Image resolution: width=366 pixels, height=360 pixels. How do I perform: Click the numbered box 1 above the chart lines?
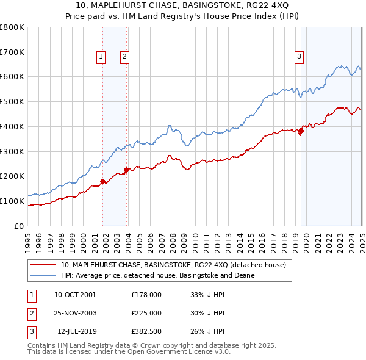pyautogui.click(x=100, y=57)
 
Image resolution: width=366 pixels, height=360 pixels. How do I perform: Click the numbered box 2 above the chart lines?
pyautogui.click(x=124, y=57)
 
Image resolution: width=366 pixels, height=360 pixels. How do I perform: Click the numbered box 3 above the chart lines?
pyautogui.click(x=300, y=57)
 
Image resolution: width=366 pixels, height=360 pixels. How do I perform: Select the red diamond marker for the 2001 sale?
pyautogui.click(x=103, y=181)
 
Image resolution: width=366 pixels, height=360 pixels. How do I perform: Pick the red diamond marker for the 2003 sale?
pyautogui.click(x=127, y=170)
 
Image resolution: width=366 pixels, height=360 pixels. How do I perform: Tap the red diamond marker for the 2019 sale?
pyautogui.click(x=301, y=131)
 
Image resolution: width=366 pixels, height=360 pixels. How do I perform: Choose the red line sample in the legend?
pyautogui.click(x=44, y=265)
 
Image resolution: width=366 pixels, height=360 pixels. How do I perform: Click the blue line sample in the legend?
pyautogui.click(x=44, y=275)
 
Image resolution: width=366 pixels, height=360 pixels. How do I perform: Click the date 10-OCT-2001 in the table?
pyautogui.click(x=75, y=295)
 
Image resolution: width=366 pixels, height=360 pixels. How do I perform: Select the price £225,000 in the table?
pyautogui.click(x=146, y=314)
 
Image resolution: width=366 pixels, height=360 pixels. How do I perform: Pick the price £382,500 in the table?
pyautogui.click(x=146, y=333)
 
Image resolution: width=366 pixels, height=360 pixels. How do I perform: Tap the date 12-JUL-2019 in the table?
pyautogui.click(x=75, y=333)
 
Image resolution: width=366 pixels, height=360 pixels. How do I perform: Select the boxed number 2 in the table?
pyautogui.click(x=30, y=314)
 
